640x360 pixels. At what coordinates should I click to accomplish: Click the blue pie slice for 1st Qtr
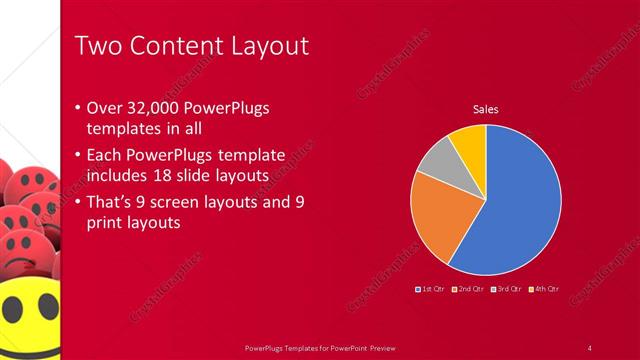pyautogui.click(x=515, y=200)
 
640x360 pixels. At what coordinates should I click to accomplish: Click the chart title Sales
pyautogui.click(x=485, y=110)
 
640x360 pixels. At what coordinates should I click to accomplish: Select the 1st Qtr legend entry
pyautogui.click(x=430, y=289)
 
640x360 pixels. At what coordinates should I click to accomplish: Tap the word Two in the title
pyautogui.click(x=101, y=46)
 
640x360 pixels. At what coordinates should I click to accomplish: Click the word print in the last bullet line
pyautogui.click(x=108, y=223)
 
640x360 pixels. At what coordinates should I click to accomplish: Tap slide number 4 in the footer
pyautogui.click(x=589, y=347)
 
